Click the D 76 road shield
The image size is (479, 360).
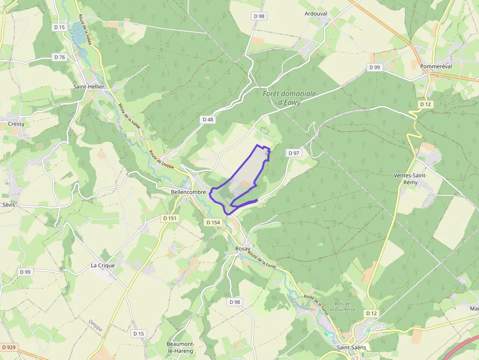59,57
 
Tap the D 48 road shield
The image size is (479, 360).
208,119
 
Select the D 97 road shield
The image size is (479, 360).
294,153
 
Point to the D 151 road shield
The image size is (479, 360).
170,218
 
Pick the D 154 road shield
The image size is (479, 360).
213,222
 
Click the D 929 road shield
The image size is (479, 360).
9,347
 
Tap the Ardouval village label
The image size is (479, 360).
315,14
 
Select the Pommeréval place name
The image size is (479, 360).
436,66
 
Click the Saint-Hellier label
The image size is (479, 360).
87,86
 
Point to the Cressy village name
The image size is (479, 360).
16,124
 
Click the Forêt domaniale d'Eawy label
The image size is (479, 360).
289,98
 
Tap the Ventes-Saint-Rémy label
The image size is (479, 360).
411,179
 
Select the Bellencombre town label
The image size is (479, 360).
188,192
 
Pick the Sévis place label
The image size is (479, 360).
9,205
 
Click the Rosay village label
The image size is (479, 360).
242,249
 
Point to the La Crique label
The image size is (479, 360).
103,266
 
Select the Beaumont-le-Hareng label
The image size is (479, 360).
180,347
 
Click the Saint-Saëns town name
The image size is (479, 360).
351,347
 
